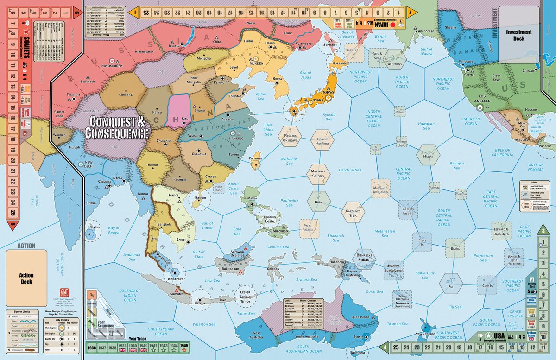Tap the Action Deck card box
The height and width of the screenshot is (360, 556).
point(26,278)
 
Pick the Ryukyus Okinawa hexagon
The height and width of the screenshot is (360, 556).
point(290,136)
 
